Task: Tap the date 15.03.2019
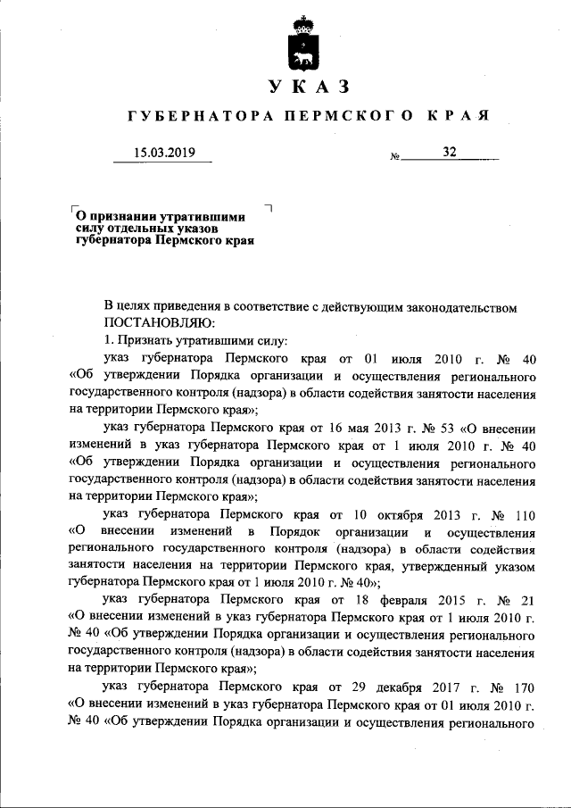[x=164, y=153]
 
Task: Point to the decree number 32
[x=448, y=153]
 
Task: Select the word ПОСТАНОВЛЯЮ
[x=157, y=321]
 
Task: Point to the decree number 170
[x=525, y=685]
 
